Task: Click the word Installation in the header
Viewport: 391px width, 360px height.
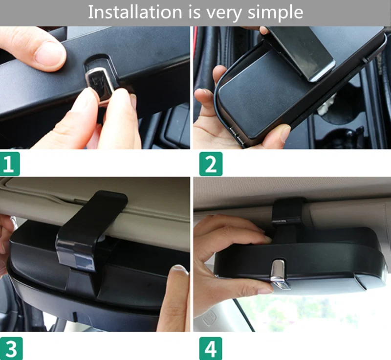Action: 135,12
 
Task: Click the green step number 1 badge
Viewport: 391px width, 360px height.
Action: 10,164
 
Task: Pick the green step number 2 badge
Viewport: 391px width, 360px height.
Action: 211,164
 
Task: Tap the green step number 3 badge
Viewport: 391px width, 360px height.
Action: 11,348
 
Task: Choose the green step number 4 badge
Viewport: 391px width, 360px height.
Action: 211,348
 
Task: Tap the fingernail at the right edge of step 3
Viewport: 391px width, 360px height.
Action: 180,270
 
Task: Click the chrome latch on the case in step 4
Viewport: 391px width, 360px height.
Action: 279,274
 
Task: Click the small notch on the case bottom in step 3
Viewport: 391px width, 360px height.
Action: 74,316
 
